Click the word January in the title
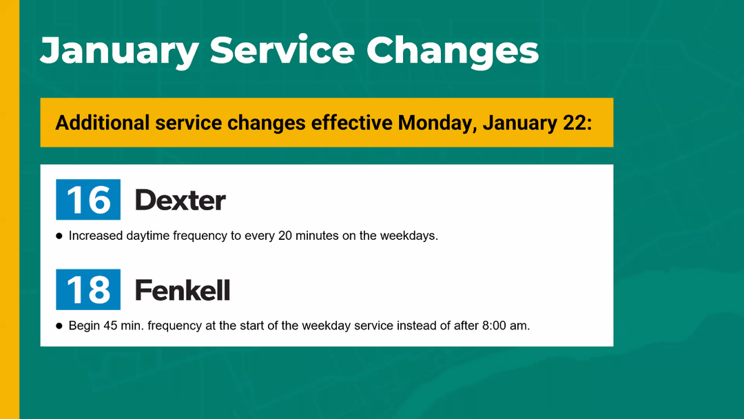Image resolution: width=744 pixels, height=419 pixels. [120, 51]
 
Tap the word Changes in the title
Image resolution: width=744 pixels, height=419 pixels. [453, 51]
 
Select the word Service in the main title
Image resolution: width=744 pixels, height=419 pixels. [282, 50]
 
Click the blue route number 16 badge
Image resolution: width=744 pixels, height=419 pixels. [88, 199]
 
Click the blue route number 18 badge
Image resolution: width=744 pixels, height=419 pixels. [88, 289]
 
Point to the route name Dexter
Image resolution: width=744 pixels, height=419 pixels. [180, 201]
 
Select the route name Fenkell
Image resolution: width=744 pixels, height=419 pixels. [183, 290]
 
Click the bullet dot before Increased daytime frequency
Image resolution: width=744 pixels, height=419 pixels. [59, 236]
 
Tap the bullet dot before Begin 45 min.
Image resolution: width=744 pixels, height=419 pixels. [59, 326]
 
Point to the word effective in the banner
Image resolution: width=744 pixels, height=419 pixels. [351, 123]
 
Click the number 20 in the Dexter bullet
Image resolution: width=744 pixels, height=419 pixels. [285, 236]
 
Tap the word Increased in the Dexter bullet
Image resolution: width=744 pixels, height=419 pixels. [96, 236]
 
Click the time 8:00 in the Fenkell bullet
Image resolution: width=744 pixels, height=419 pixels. [494, 326]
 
